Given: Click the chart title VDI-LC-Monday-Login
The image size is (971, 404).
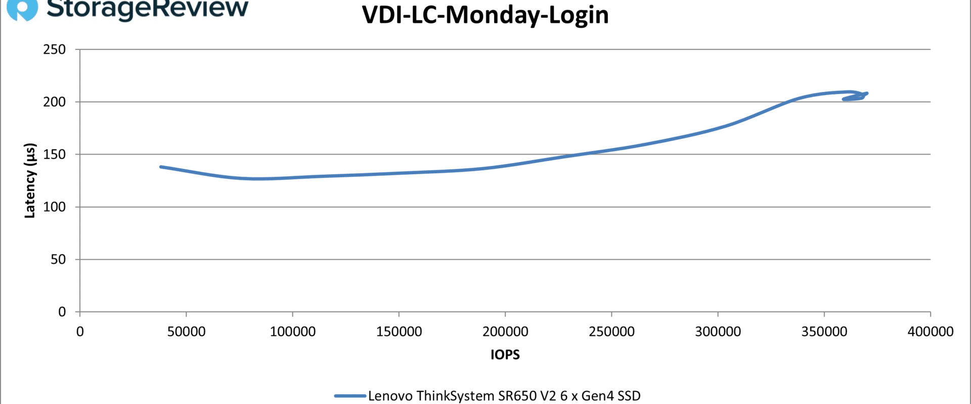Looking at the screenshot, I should click(485, 15).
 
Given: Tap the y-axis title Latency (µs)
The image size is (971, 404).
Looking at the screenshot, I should click(30, 180).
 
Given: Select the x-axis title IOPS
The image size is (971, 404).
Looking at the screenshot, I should click(505, 355).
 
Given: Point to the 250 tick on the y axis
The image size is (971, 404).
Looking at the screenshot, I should click(55, 49).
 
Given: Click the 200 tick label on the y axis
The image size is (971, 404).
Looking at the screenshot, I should click(55, 102).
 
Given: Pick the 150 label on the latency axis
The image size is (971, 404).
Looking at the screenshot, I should click(55, 155).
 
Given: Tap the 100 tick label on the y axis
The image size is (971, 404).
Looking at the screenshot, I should click(55, 207).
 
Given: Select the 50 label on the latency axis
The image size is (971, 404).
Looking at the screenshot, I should click(59, 260).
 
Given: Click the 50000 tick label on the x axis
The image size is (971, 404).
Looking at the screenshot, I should click(186, 332).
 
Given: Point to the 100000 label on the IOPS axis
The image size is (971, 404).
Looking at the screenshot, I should click(292, 332).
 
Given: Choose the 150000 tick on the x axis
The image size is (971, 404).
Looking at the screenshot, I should click(399, 332).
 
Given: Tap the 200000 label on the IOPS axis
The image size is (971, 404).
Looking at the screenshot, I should click(505, 332).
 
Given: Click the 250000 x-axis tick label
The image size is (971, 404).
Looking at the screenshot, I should click(611, 332).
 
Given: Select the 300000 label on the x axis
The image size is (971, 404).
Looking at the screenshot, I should click(718, 332).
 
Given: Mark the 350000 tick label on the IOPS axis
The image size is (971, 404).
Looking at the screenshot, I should click(824, 332).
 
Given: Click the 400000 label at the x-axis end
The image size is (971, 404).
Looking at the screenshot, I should click(931, 332).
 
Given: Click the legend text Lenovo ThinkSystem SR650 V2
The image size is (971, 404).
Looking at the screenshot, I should click(504, 396).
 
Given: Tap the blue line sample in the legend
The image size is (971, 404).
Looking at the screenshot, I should click(350, 396).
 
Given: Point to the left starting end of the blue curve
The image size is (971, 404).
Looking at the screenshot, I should click(161, 167).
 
